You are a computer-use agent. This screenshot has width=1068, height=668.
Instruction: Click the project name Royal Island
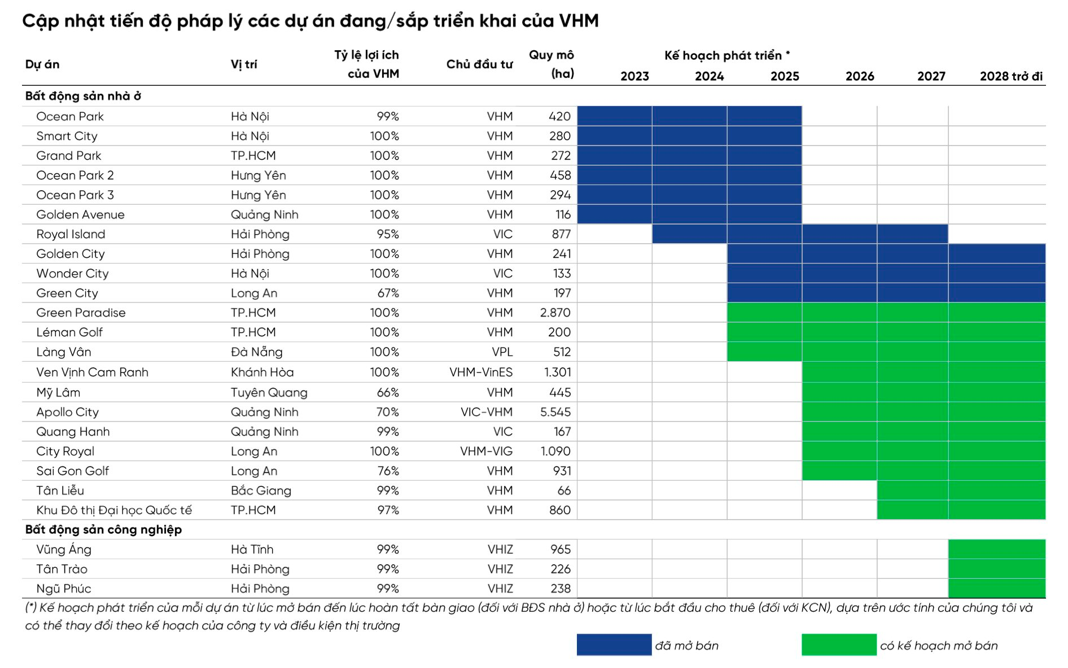[71, 234]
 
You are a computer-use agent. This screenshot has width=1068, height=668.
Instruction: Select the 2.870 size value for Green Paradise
[555, 313]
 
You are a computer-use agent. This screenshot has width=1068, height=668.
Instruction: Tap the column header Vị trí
[243, 64]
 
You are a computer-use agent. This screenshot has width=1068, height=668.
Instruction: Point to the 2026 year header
[859, 76]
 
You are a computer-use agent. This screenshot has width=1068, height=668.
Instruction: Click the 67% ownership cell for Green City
[388, 293]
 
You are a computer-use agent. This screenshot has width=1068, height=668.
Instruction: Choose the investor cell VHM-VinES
[480, 372]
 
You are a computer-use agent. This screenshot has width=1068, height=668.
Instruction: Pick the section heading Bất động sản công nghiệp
[103, 529]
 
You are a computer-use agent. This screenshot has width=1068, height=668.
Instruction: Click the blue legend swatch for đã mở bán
[614, 645]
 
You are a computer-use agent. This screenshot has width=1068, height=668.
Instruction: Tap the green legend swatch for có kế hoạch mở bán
[839, 645]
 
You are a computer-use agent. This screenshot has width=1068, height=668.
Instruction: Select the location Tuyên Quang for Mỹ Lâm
[269, 392]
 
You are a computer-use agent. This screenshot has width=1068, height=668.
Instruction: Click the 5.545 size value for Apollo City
[555, 412]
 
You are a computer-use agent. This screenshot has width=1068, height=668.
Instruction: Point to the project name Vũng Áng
[63, 549]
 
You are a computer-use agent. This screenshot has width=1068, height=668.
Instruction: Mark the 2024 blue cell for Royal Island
[689, 234]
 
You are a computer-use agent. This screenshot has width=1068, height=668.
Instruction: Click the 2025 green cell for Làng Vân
[764, 352]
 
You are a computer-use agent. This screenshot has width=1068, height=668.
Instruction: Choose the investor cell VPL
[502, 352]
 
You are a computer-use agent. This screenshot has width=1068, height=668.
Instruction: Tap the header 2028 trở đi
[1010, 76]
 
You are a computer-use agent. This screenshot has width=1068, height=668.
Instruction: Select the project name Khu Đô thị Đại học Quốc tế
[114, 510]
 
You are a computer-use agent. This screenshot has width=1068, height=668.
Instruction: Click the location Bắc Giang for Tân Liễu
[261, 490]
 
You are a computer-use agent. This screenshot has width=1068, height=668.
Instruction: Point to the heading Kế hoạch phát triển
[726, 55]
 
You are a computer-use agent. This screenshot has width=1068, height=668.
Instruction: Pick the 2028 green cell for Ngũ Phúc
[997, 588]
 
